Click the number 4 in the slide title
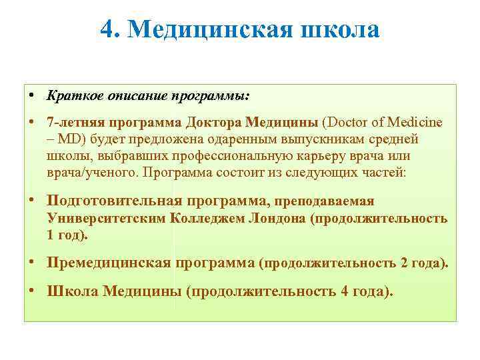[107, 30]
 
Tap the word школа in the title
[341, 30]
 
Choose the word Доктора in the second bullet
[214, 124]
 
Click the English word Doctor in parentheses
[346, 124]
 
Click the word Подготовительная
[114, 201]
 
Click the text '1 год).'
[67, 236]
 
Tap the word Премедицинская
[108, 263]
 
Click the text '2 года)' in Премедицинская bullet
[424, 263]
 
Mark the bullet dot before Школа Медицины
[33, 291]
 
